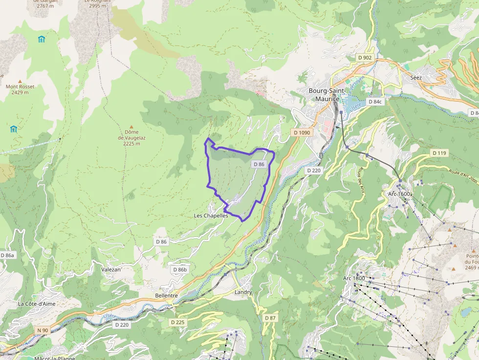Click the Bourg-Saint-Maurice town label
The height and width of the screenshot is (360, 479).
(327, 95)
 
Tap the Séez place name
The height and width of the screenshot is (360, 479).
(416, 77)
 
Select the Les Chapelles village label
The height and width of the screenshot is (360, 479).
(211, 215)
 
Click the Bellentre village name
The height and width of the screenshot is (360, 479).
(166, 296)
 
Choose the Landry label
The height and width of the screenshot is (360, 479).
(243, 292)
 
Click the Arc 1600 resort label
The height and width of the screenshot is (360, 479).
(399, 194)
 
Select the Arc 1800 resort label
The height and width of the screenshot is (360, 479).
(354, 278)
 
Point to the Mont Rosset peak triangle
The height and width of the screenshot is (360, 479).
(20, 81)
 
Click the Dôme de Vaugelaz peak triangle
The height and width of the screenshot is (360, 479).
(131, 126)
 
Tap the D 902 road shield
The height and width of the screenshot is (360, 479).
(365, 58)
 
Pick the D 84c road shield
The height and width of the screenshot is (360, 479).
(375, 102)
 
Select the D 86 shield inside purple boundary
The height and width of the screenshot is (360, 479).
(259, 164)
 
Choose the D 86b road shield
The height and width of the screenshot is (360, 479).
(180, 270)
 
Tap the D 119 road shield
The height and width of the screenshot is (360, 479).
(439, 153)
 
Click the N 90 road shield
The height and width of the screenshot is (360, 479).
(43, 330)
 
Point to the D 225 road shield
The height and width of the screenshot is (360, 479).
(178, 322)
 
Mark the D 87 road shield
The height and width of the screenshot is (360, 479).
(270, 318)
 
